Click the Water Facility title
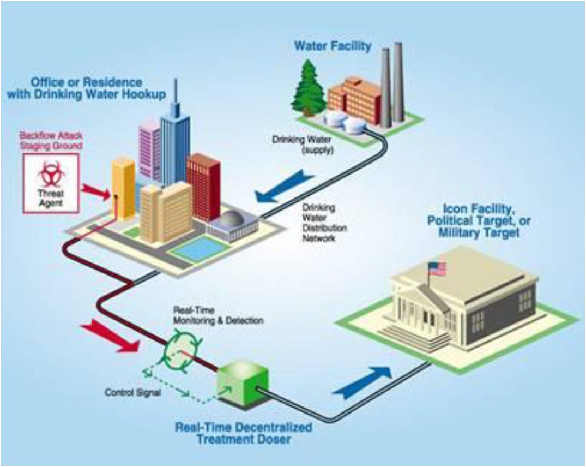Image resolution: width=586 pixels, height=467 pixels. coord(333,46)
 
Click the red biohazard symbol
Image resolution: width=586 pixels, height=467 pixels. coord(51,173)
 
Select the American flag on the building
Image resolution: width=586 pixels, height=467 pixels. coord(437,268)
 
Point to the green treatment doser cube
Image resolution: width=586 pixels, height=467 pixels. coord(243,383)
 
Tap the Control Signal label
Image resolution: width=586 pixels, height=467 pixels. coord(132,393)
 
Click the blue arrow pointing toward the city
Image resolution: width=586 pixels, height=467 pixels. coord(284,185)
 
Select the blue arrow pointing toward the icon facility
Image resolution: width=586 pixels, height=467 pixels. coord(362,380)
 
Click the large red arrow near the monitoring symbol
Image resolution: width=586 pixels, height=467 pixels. coord(110,337)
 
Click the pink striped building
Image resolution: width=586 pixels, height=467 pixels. coord(149,153)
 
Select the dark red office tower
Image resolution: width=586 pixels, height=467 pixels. coord(203,187)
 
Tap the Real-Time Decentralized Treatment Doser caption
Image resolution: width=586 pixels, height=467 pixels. coord(243,433)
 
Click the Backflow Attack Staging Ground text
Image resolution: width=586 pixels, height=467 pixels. coord(51,140)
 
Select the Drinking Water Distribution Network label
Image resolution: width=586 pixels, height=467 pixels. coord(324,223)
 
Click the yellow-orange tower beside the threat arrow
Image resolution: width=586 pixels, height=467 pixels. coord(124,188)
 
